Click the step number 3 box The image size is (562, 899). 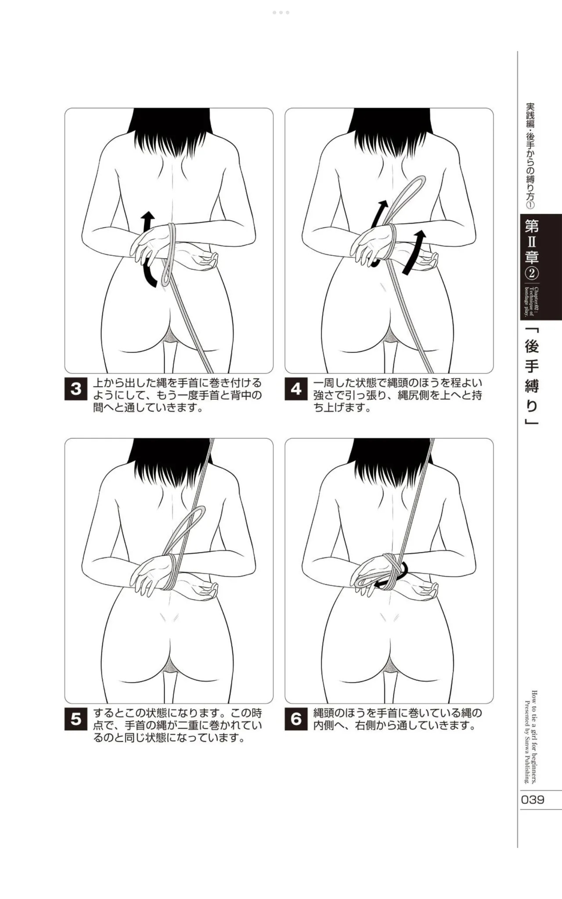tap(76, 389)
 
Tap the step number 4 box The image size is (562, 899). tap(296, 389)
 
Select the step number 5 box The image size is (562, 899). tap(76, 719)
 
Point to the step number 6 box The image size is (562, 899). tap(296, 719)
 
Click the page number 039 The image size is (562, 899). tap(533, 799)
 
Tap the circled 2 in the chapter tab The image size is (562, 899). tap(532, 274)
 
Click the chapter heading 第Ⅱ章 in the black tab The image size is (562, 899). tap(532, 241)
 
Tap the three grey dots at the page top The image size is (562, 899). tap(281, 13)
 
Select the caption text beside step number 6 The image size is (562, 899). tap(398, 719)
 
